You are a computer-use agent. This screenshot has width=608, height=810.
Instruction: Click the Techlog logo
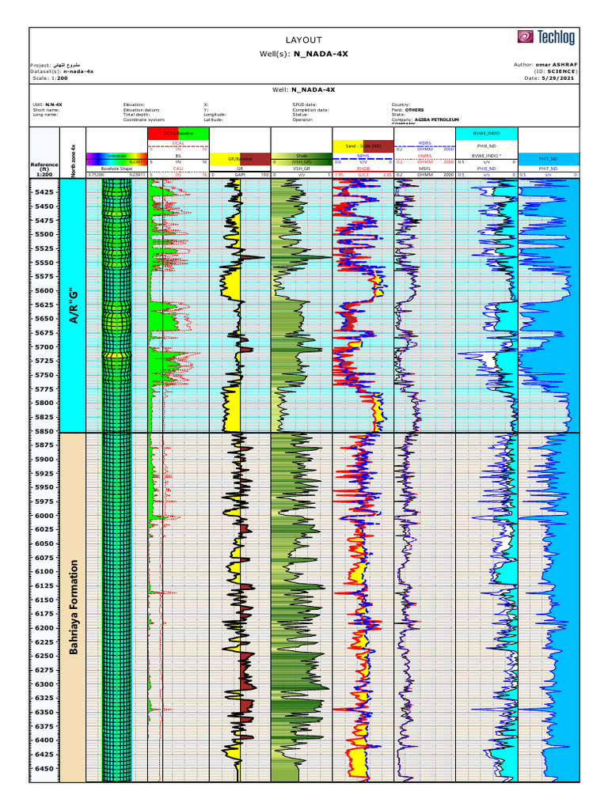(x=547, y=36)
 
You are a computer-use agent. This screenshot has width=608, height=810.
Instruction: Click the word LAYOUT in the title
(x=304, y=40)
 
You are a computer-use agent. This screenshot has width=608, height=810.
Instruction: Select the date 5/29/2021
(x=560, y=78)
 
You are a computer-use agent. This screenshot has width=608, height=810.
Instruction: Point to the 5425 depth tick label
(x=45, y=192)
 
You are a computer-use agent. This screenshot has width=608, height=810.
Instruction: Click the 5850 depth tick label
(x=45, y=431)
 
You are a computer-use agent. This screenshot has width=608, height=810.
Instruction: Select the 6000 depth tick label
(x=45, y=516)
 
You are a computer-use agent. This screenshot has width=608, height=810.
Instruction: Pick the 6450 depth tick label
(x=45, y=768)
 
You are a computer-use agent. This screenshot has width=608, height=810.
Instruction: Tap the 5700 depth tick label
(x=45, y=347)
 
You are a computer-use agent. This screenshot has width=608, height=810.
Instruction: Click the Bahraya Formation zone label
(x=74, y=607)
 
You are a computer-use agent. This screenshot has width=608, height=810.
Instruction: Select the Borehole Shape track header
(x=116, y=168)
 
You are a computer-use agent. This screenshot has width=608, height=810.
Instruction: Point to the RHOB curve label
(x=363, y=168)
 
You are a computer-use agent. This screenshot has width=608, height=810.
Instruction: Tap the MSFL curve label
(x=424, y=168)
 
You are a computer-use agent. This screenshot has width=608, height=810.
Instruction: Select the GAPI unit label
(x=240, y=174)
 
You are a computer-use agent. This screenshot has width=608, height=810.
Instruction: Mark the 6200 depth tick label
(x=45, y=628)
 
